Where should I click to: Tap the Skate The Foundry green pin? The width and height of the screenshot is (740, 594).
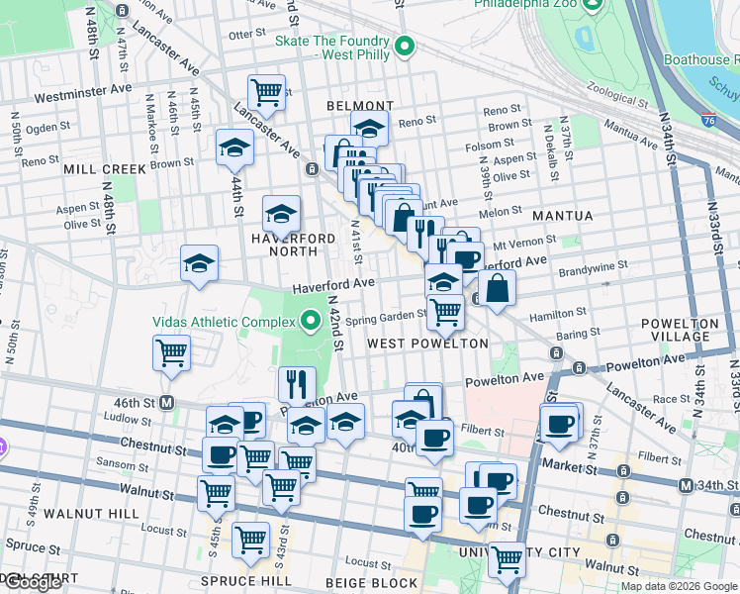405,47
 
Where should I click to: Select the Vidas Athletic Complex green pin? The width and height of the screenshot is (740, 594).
312,321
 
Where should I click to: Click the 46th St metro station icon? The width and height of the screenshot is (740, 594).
167,403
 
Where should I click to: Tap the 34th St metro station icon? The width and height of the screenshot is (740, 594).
686,485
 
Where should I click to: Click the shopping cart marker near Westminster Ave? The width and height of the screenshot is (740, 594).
266,92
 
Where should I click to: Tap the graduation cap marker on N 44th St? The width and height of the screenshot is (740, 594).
235,148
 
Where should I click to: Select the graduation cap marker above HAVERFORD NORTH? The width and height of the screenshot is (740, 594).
281,213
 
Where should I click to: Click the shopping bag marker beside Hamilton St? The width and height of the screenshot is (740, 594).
498,288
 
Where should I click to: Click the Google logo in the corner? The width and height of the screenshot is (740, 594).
32,582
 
